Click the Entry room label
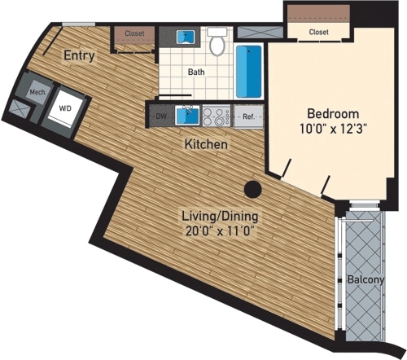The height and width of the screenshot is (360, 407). pos(79,56)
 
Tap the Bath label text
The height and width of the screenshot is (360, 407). pos(196,72)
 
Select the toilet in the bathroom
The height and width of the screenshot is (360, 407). pos(216,44)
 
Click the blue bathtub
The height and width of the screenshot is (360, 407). pos(248,72)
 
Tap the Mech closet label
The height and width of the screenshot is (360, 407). pos(37,92)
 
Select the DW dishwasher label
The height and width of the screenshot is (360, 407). pos(161,116)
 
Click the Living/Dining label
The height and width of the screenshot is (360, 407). pos(218,216)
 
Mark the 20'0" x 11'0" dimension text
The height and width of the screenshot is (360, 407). pos(218,231)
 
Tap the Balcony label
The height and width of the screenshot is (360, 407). pos(365,279)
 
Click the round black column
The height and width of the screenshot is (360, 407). pos(253,189)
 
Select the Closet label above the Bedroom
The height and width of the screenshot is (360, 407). pos(318,32)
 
